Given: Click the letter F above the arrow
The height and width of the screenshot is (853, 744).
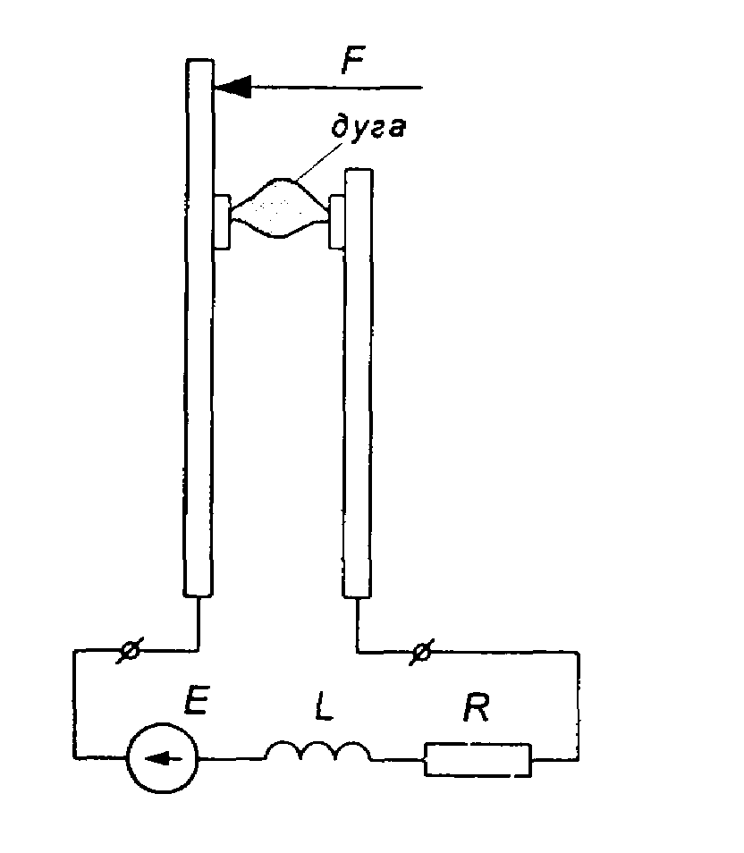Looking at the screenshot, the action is pos(354,60).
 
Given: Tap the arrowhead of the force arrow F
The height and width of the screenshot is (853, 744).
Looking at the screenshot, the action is pos(232,87).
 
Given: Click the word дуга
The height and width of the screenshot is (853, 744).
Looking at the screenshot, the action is pos(368,127).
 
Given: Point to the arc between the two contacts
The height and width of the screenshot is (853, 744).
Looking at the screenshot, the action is pos(280,207).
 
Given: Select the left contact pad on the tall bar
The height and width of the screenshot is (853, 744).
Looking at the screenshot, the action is pos(222,222).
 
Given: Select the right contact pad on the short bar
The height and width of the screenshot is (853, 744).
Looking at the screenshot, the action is pos(337,222).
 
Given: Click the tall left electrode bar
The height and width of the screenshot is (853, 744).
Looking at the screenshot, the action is pos(199,327).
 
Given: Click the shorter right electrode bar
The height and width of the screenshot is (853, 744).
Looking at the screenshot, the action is pos(358,383).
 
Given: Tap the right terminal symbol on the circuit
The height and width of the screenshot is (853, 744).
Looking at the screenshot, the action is pos(421,651).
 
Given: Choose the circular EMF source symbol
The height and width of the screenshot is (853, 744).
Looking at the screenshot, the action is pos(162,758).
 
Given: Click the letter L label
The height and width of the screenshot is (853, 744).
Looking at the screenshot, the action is pos(325,707).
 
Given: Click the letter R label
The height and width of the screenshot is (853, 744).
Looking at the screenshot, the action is pos(477,706).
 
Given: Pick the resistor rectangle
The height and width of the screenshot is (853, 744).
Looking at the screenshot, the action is pos(478,759).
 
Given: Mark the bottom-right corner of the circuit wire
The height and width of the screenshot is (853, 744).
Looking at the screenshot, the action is pos(579,759).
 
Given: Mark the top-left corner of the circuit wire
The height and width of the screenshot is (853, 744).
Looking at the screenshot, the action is pos(74,650).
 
